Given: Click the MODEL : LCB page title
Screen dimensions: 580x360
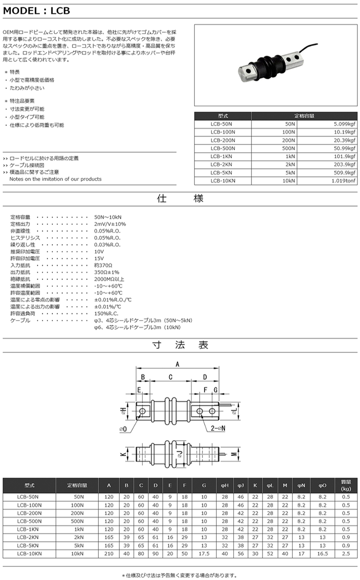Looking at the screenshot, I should (37, 11).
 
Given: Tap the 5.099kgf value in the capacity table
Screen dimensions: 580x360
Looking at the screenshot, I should (344, 124).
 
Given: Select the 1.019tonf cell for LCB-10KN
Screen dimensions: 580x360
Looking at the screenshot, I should (343, 181).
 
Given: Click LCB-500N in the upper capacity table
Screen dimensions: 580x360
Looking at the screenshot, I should (223, 148).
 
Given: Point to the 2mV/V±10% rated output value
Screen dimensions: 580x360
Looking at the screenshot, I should (110, 224).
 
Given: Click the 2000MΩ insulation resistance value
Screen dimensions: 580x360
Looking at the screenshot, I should (109, 279).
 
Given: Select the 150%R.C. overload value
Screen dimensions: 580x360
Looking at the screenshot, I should (106, 314).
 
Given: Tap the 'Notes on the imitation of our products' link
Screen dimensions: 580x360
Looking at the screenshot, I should (55, 179).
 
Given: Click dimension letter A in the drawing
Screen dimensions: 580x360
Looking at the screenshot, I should (177, 363).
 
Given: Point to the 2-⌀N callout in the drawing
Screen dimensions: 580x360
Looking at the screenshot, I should (218, 428).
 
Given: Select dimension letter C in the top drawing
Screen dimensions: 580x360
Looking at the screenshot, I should (170, 377).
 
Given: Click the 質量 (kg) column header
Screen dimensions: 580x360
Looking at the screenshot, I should (346, 485).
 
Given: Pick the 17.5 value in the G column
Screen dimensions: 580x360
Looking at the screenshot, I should (204, 554).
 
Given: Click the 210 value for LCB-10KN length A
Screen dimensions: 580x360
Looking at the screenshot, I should (109, 554).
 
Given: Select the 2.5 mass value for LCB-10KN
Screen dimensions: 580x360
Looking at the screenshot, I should (346, 554).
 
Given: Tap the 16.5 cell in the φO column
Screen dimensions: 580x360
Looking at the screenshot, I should (322, 554).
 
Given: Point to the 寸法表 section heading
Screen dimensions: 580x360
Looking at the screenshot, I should (180, 345).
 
